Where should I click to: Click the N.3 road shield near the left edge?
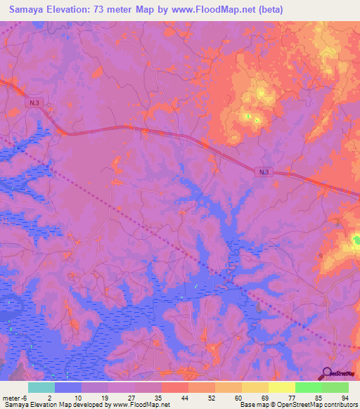click(x=34, y=103)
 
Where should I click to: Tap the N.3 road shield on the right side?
click(x=263, y=171)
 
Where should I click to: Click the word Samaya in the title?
click(x=29, y=9)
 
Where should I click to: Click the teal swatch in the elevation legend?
click(x=41, y=387)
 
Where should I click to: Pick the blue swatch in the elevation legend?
click(x=68, y=387)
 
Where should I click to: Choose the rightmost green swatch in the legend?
click(x=335, y=387)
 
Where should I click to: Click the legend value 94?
click(x=345, y=397)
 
